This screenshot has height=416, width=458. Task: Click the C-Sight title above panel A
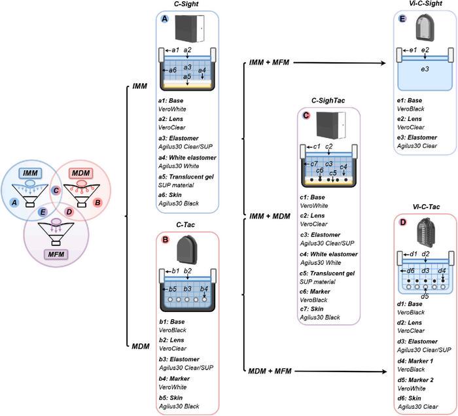(x=186, y=4)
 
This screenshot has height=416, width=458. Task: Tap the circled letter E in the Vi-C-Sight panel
(x=403, y=19)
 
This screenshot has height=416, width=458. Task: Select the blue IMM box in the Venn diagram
(x=30, y=173)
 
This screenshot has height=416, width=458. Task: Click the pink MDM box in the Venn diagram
(x=80, y=173)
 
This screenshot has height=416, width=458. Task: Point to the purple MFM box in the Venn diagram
(x=56, y=254)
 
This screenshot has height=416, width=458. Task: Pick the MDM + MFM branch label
(x=270, y=372)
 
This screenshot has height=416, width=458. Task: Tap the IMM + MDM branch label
(x=270, y=217)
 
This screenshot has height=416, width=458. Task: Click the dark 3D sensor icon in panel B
(x=188, y=250)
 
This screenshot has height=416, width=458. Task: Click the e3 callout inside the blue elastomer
(x=425, y=69)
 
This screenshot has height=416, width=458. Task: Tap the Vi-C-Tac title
(x=426, y=207)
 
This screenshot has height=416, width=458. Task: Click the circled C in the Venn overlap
(x=56, y=191)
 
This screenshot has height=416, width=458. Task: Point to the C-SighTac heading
(x=328, y=101)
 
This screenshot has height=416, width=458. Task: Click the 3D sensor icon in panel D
(x=426, y=231)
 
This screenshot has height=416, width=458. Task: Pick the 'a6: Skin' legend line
(x=170, y=195)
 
